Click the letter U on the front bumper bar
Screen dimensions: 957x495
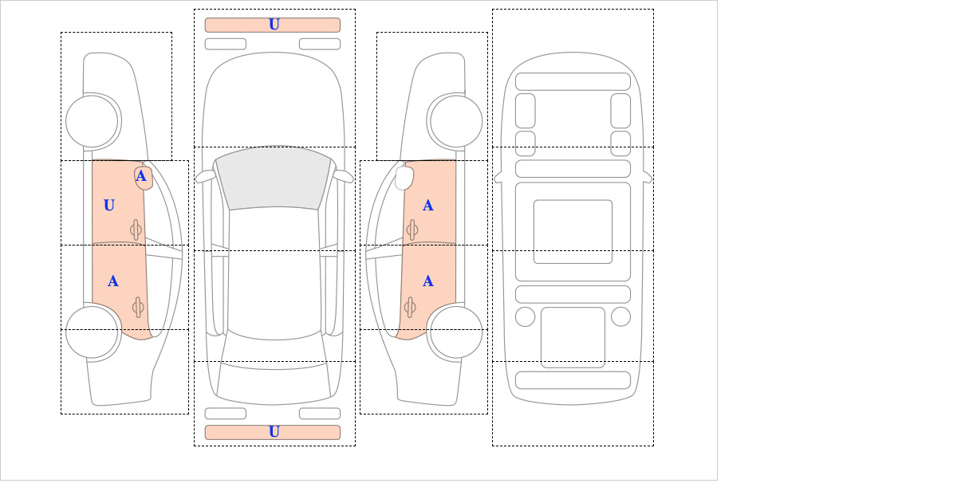click(x=274, y=25)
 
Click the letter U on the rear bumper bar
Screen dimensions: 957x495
click(x=274, y=432)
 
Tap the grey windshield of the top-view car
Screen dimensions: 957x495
click(x=274, y=178)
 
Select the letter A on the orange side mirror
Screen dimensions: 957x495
click(x=141, y=176)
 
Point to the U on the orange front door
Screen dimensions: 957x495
click(x=109, y=206)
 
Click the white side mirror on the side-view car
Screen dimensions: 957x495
click(x=404, y=178)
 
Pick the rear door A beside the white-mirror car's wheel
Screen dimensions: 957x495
click(x=428, y=281)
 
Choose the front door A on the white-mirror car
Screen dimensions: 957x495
click(x=428, y=206)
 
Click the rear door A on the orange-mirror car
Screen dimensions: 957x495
click(x=112, y=281)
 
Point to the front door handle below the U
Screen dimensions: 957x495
click(x=136, y=230)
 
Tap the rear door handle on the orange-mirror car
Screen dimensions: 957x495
click(x=138, y=307)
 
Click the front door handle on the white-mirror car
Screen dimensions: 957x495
click(x=412, y=230)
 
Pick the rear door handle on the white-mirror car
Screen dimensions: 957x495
click(x=410, y=307)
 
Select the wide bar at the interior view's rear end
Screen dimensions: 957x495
click(x=573, y=380)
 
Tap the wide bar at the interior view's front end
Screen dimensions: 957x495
click(x=573, y=81)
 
